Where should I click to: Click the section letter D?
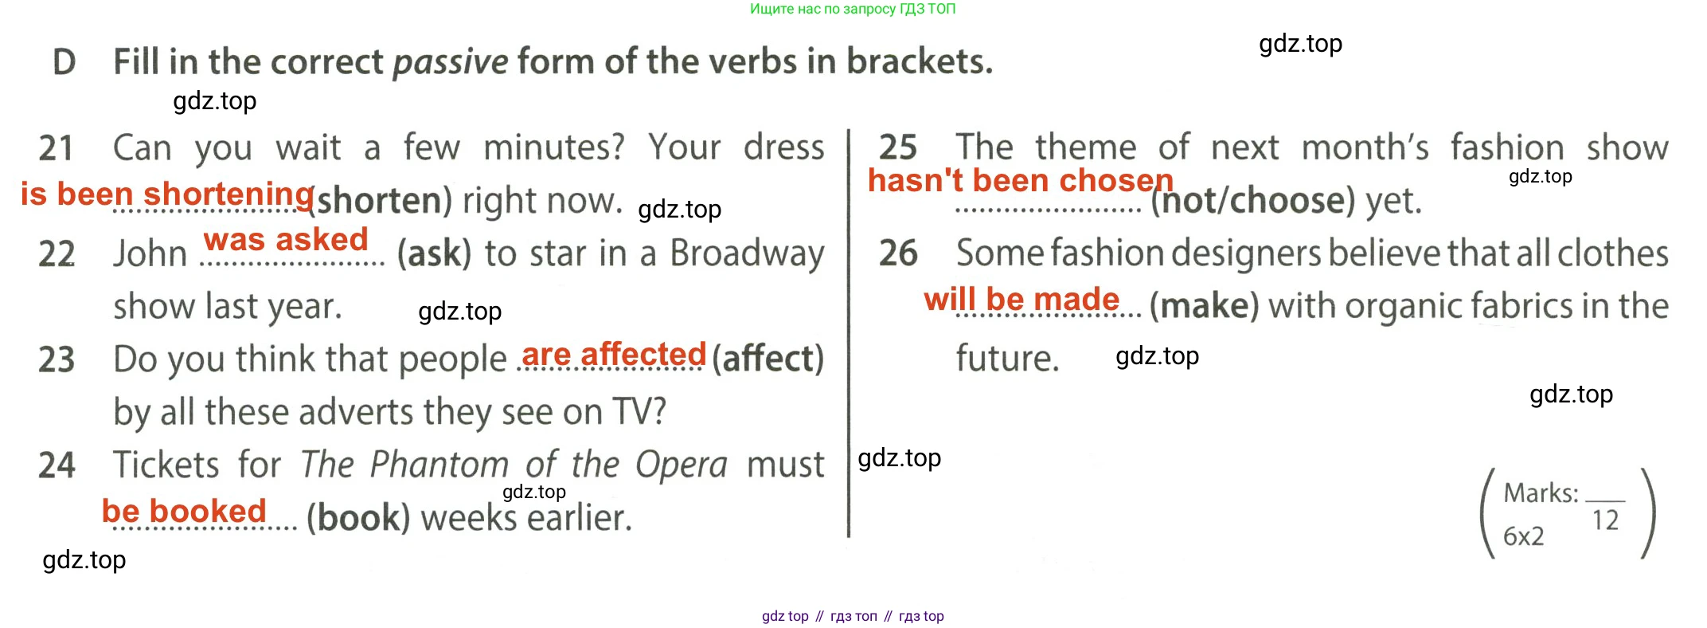[x=64, y=62]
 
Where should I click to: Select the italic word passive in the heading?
[x=451, y=62]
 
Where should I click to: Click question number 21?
[x=56, y=148]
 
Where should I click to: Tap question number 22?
[x=57, y=254]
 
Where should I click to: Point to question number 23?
[x=57, y=359]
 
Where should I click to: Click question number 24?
[x=57, y=465]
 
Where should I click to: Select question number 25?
[x=898, y=147]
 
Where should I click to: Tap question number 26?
[x=898, y=253]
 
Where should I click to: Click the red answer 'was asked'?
[x=286, y=239]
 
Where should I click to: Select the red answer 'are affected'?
[x=614, y=354]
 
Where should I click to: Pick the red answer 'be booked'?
[x=184, y=511]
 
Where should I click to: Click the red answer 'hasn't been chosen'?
[x=1021, y=181]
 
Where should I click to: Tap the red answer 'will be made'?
[x=1021, y=300]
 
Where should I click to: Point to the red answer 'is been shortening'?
[x=167, y=194]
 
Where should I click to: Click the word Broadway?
[x=747, y=254]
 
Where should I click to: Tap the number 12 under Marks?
[x=1605, y=520]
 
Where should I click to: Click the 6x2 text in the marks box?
[x=1523, y=536]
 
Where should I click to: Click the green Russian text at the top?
[x=853, y=9]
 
